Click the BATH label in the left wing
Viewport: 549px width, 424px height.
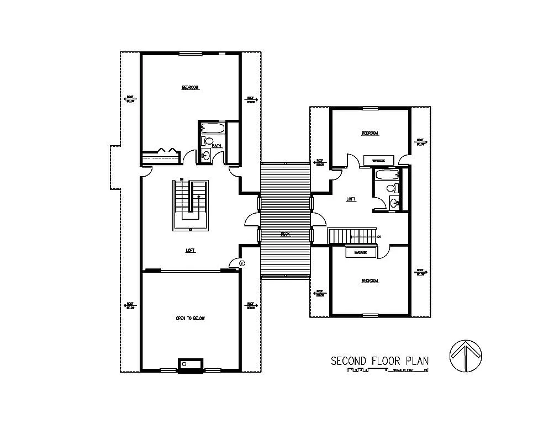[217, 146]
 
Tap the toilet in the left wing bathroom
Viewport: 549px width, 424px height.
[209, 141]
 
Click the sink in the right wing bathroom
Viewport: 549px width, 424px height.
[393, 203]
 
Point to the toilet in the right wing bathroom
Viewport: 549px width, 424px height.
[391, 189]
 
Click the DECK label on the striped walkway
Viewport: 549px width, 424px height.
[286, 234]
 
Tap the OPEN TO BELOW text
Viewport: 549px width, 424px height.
[191, 319]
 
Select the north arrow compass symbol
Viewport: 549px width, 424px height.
[467, 356]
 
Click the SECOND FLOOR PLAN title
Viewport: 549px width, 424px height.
[379, 361]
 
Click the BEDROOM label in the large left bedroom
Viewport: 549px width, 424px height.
[190, 87]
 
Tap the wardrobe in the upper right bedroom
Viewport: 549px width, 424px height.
[378, 160]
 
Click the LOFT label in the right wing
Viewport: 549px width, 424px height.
[350, 199]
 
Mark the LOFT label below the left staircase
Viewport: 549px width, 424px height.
[190, 250]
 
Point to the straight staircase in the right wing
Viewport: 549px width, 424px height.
[352, 236]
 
